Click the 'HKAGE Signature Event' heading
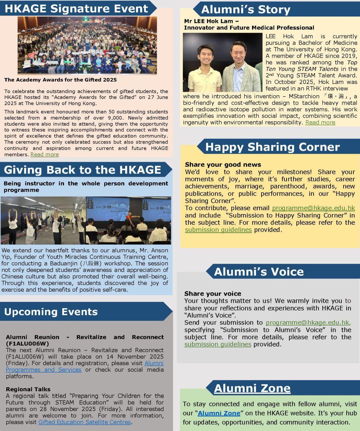(76, 8)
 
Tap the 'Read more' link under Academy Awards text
(45, 155)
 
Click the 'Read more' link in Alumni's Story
(320, 122)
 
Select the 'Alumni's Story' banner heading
(246, 9)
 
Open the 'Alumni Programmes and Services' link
(84, 366)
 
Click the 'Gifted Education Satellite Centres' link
(84, 422)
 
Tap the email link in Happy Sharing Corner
(313, 208)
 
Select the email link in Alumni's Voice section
(308, 322)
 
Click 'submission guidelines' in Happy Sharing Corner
(218, 230)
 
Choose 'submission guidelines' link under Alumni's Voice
(218, 344)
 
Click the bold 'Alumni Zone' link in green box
(219, 413)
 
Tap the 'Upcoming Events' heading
(51, 312)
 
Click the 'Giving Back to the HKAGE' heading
(82, 170)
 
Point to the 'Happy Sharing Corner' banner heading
(272, 147)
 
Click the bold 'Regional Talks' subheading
(28, 389)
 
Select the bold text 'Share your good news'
(223, 165)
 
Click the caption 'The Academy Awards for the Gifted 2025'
(60, 80)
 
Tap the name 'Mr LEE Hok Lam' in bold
(208, 21)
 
